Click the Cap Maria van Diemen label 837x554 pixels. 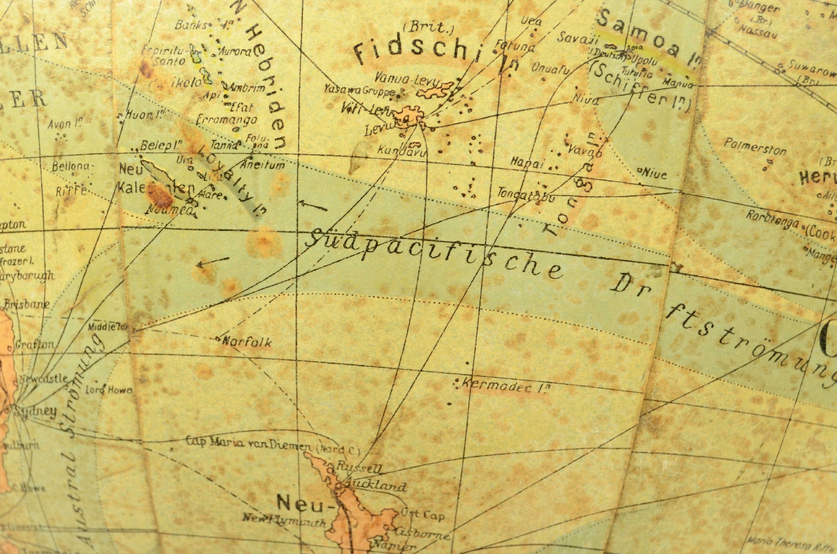click(248, 442)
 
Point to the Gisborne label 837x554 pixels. click(424, 533)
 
